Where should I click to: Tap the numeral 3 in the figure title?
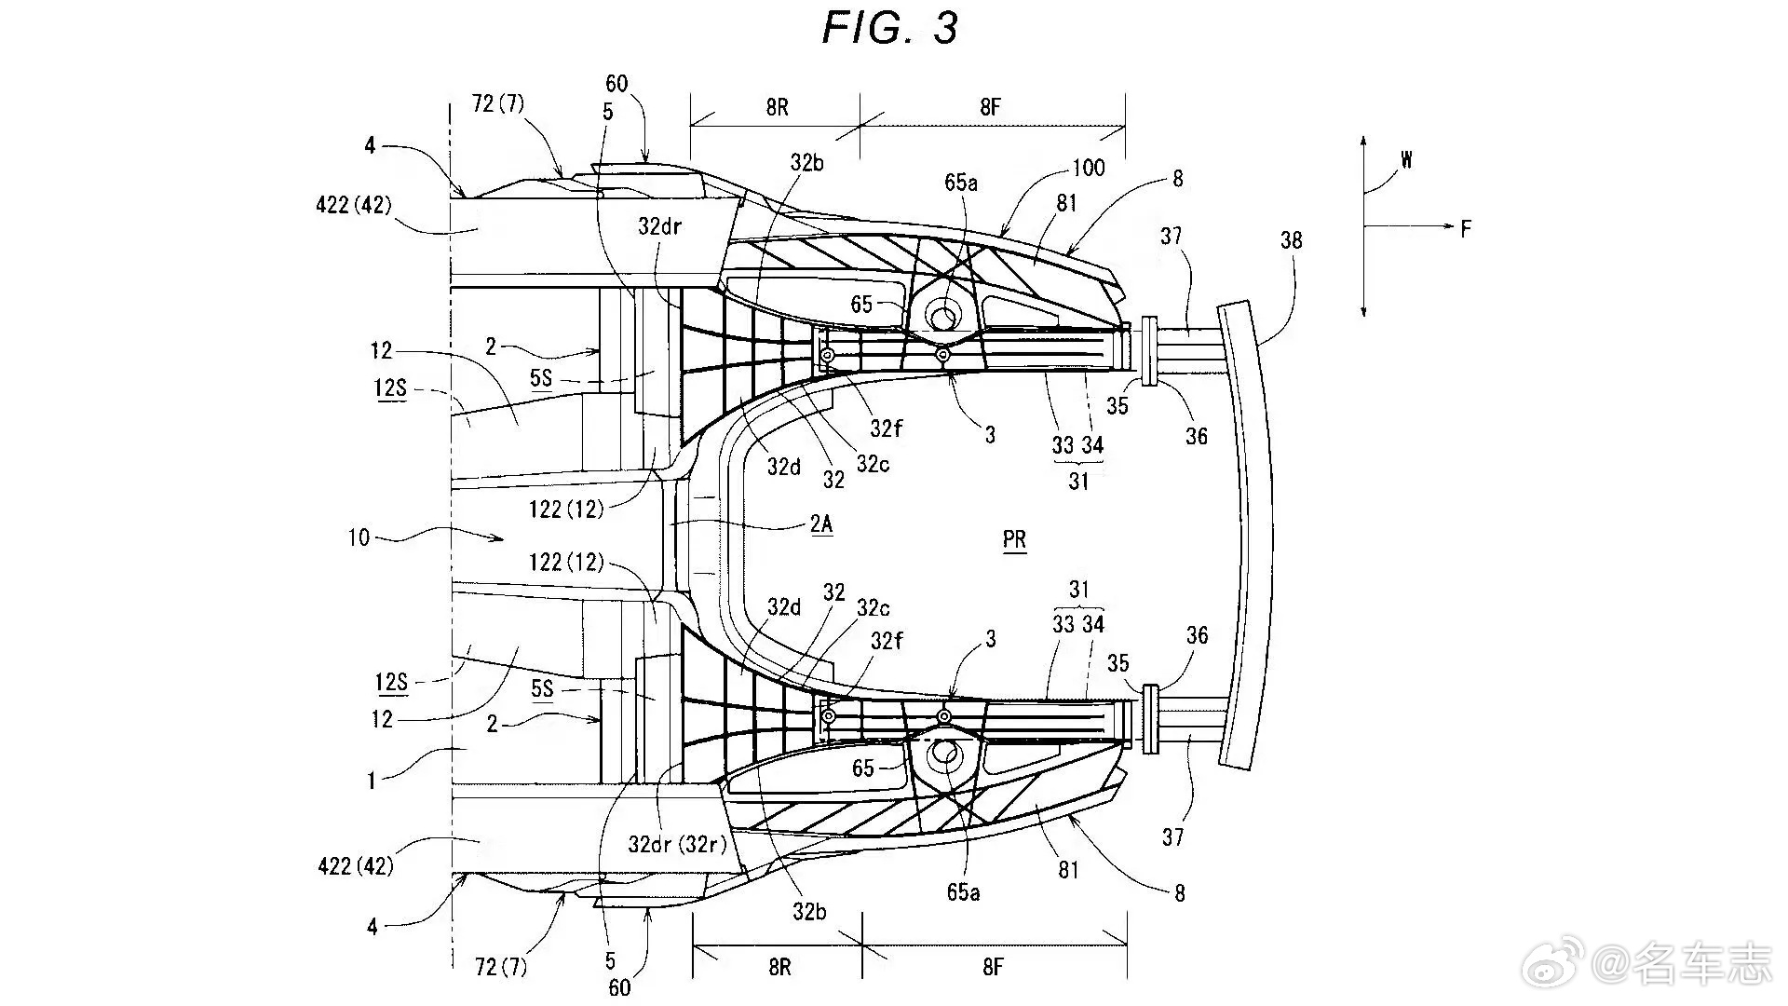coord(944,28)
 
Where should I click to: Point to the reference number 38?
coord(1291,240)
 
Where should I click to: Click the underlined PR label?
coord(1015,540)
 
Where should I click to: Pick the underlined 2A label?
coord(820,524)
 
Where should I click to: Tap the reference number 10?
coord(359,537)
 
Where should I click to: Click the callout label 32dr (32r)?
coord(677,845)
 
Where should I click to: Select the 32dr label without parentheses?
coord(661,226)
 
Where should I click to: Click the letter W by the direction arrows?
coord(1406,160)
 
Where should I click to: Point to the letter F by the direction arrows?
coord(1466,228)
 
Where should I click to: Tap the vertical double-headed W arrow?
coord(1363,226)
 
